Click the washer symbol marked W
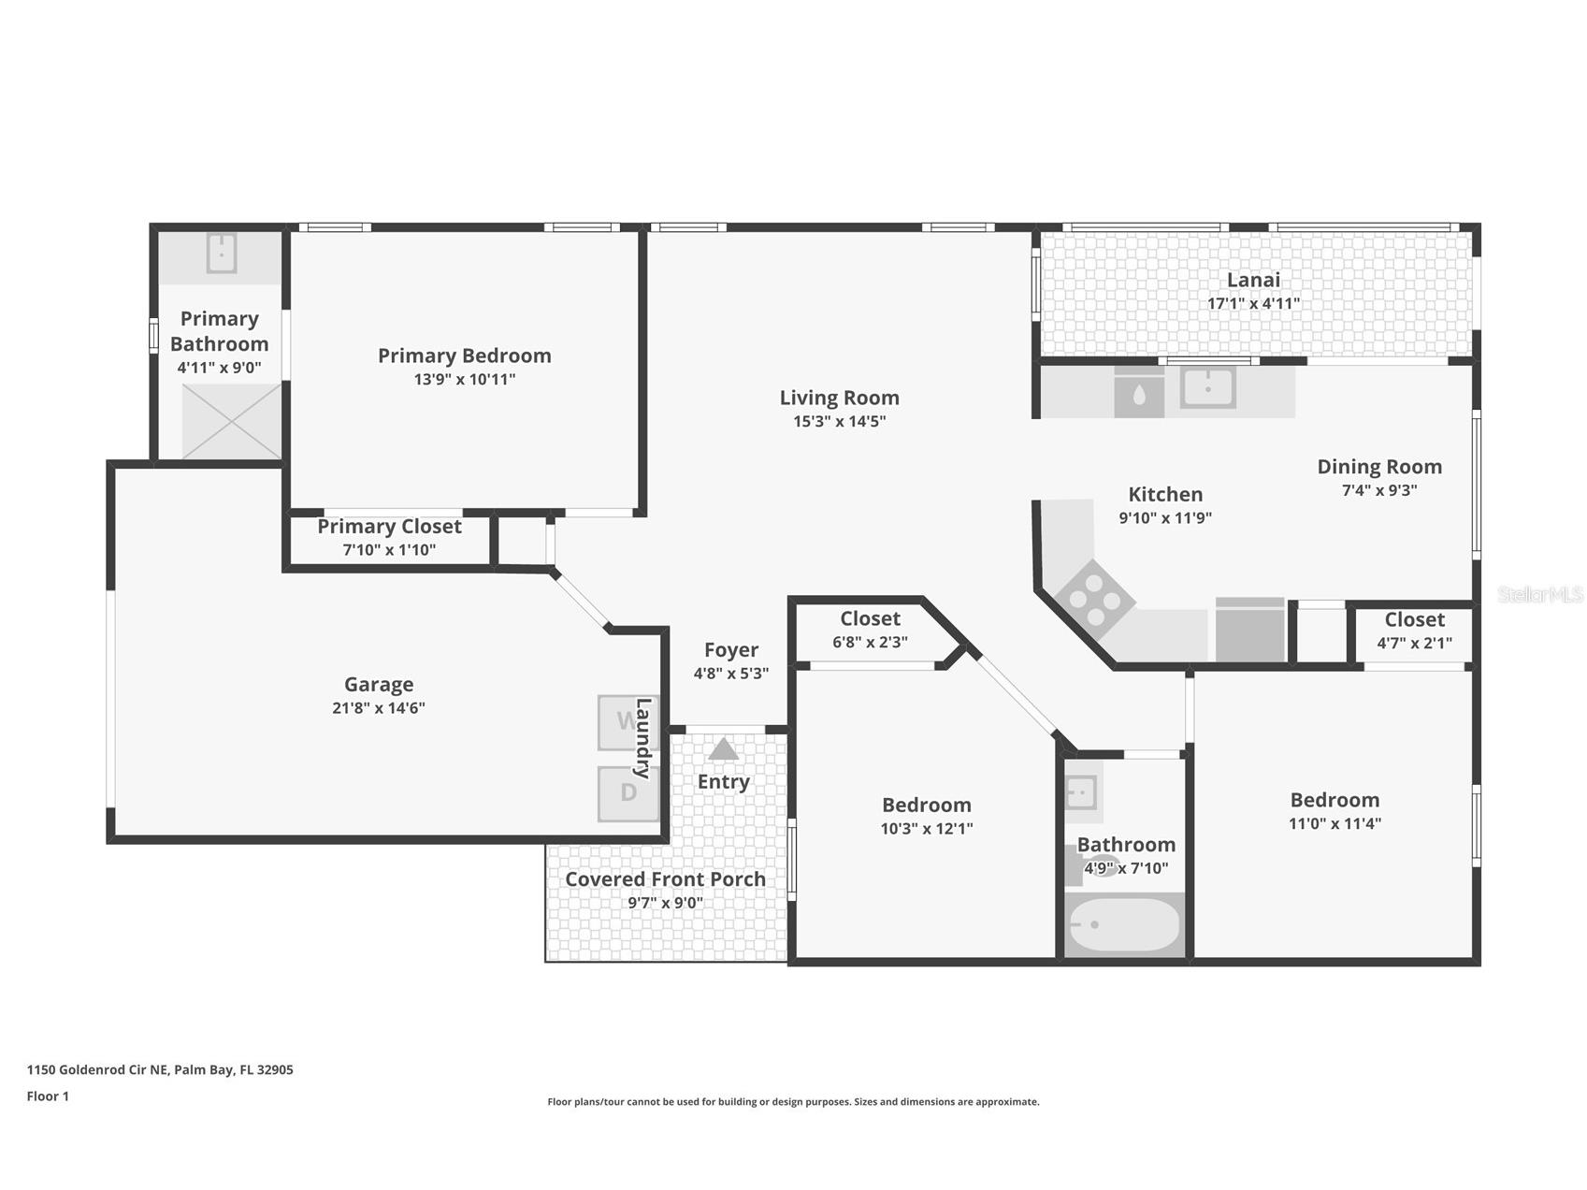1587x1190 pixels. pyautogui.click(x=625, y=722)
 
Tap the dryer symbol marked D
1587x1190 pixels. pyautogui.click(x=628, y=793)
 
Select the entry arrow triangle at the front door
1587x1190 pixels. pyautogui.click(x=723, y=749)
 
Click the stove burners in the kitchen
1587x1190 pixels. pyautogui.click(x=1094, y=596)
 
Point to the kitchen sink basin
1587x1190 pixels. pyautogui.click(x=1207, y=386)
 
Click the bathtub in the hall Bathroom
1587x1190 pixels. pyautogui.click(x=1125, y=925)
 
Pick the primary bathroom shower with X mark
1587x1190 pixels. pyautogui.click(x=231, y=421)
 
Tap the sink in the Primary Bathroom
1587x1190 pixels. pyautogui.click(x=221, y=253)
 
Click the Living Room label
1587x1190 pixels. pyautogui.click(x=839, y=398)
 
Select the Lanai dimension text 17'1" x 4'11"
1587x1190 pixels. pyautogui.click(x=1253, y=303)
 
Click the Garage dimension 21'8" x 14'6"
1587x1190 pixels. pyautogui.click(x=378, y=708)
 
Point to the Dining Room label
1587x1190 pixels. pyautogui.click(x=1378, y=466)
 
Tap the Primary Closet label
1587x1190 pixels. pyautogui.click(x=389, y=527)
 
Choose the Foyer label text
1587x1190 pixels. pyautogui.click(x=730, y=650)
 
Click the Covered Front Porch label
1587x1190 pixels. pyautogui.click(x=665, y=879)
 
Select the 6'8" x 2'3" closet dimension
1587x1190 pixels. pyautogui.click(x=870, y=643)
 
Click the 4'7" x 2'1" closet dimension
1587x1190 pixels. pyautogui.click(x=1414, y=644)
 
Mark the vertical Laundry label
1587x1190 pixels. pyautogui.click(x=642, y=738)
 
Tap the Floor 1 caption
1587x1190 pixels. pyautogui.click(x=48, y=1096)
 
